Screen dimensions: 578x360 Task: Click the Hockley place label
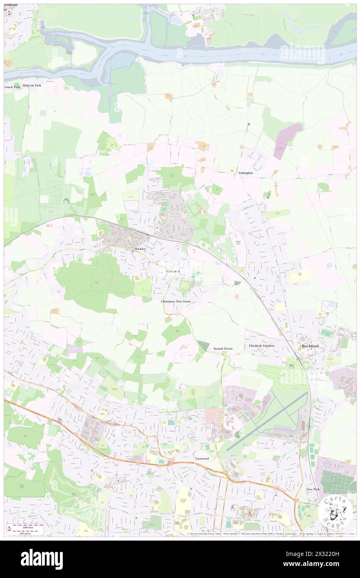[139, 249]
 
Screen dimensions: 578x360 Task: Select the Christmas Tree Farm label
[178, 301]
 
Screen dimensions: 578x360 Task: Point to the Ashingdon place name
[245, 173]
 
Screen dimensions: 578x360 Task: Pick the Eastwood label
[202, 458]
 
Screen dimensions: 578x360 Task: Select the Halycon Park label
[32, 85]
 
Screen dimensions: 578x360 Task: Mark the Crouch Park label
[12, 87]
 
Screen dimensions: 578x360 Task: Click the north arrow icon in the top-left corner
[9, 12]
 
